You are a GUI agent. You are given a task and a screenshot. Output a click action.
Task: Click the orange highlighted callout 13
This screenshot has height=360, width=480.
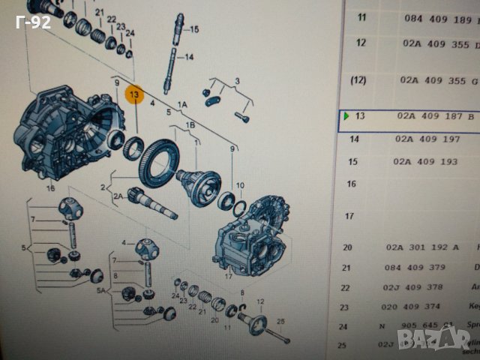pos(134,94)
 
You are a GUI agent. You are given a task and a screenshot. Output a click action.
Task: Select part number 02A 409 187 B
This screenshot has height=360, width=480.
pos(436,116)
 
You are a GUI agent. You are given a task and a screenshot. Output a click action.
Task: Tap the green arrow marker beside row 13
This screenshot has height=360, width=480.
pos(346,116)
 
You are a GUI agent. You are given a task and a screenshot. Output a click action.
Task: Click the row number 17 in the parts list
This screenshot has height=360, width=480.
pos(347,216)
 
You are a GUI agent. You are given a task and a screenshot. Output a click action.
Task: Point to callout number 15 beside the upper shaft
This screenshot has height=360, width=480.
pos(194,30)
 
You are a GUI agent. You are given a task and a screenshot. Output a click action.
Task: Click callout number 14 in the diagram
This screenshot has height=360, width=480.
pos(189,57)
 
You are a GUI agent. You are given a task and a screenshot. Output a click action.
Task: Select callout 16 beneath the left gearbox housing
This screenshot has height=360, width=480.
pos(50,189)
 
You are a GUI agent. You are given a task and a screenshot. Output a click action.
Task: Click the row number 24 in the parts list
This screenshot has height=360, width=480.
pos(347,325)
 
